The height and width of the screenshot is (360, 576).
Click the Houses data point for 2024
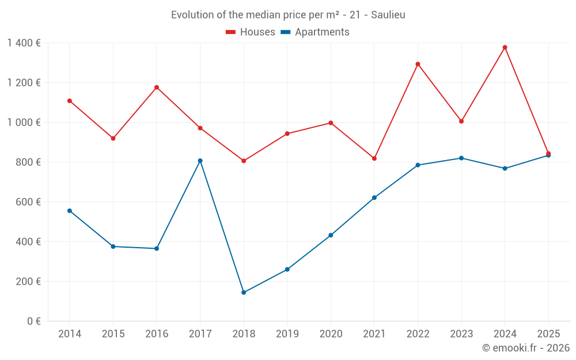pyautogui.click(x=505, y=47)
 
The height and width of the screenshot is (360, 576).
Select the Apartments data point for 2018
pyautogui.click(x=244, y=293)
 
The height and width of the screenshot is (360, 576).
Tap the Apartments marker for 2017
pyautogui.click(x=200, y=161)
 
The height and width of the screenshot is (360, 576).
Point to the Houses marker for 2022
pyautogui.click(x=418, y=64)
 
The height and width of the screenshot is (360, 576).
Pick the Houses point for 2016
pyautogui.click(x=157, y=88)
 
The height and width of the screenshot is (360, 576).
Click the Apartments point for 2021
pyautogui.click(x=374, y=198)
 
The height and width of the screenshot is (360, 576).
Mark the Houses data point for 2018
pyautogui.click(x=244, y=161)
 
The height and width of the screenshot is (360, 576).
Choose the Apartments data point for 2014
pyautogui.click(x=70, y=211)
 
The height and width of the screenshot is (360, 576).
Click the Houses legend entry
pyautogui.click(x=251, y=32)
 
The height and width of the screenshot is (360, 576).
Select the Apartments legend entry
pyautogui.click(x=315, y=32)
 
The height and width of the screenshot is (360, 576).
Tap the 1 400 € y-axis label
pyautogui.click(x=24, y=43)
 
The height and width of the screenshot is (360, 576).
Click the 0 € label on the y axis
pyautogui.click(x=33, y=321)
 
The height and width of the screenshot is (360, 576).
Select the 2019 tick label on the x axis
pyautogui.click(x=287, y=334)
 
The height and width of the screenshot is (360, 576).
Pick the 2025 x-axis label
pyautogui.click(x=548, y=334)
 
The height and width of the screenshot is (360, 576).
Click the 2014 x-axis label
pyautogui.click(x=70, y=334)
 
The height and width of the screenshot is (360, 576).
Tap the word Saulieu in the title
pyautogui.click(x=388, y=15)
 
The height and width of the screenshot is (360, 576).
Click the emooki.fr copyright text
pyautogui.click(x=525, y=348)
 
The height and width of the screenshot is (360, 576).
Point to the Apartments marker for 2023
pyautogui.click(x=461, y=158)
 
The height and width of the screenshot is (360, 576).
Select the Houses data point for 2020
pyautogui.click(x=331, y=123)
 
